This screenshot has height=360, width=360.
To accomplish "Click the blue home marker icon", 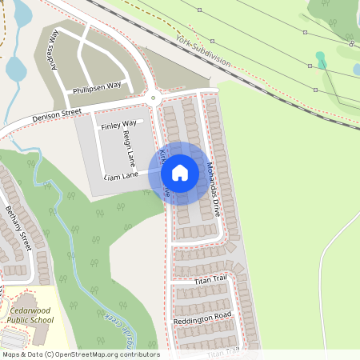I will [x=180, y=172].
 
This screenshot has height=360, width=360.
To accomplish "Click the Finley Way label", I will [x=118, y=126].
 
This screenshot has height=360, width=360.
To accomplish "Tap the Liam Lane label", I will [x=120, y=174].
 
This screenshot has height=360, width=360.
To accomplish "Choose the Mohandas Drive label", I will [x=211, y=190].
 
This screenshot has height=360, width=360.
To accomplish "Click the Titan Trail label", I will [x=210, y=279].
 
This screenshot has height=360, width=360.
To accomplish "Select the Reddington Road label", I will [x=202, y=318].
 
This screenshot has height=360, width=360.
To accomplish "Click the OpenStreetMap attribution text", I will [x=81, y=354].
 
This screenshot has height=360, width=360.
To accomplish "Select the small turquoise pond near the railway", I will [x=321, y=59].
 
